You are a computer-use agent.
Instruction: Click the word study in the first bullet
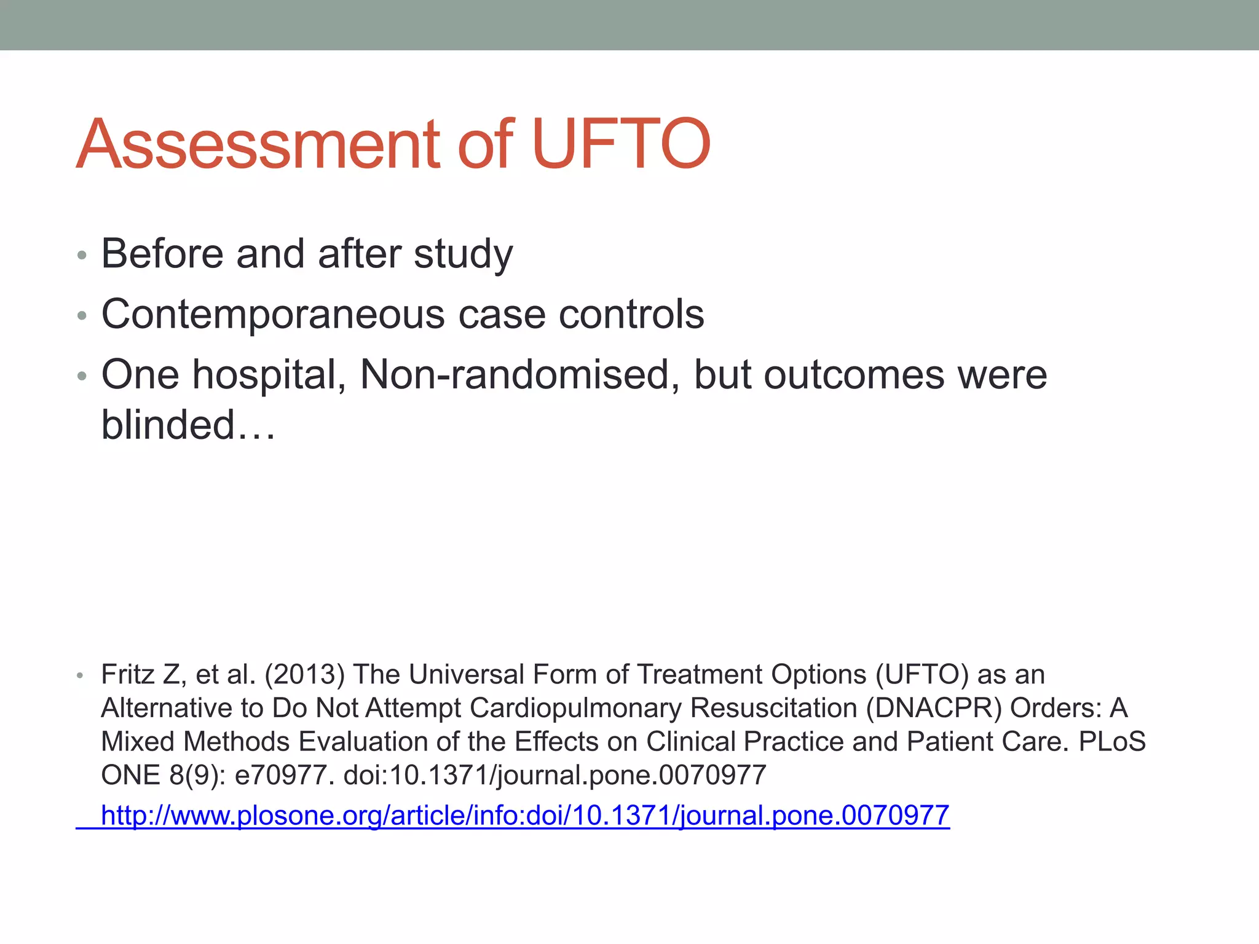click(x=462, y=254)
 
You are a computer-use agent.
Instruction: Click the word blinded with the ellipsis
click(x=188, y=425)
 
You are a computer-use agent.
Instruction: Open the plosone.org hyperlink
click(x=525, y=816)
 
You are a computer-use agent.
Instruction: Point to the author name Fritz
click(x=127, y=675)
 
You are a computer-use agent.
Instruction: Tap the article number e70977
click(x=285, y=775)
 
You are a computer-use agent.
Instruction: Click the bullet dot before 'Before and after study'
click(x=81, y=254)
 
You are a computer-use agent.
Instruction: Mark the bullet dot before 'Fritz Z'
click(x=79, y=676)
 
